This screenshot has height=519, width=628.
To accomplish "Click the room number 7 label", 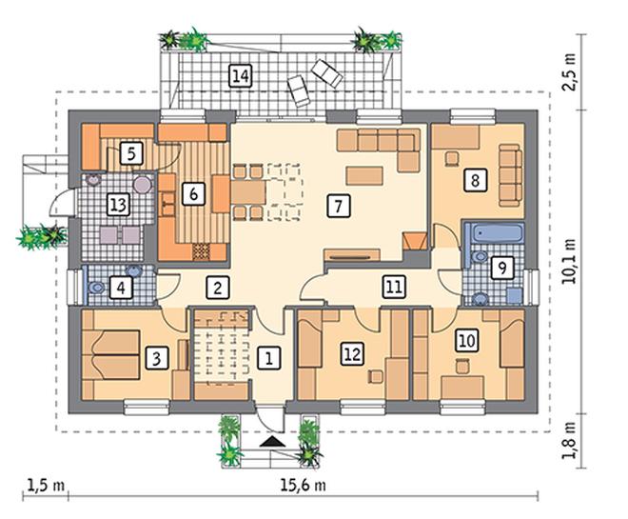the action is click(339, 206).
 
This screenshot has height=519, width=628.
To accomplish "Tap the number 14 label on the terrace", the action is click(241, 76).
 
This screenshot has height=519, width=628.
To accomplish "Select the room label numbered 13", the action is click(118, 205).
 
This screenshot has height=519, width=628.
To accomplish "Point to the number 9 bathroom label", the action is click(502, 268).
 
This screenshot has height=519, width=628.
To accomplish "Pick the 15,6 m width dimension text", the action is click(304, 486).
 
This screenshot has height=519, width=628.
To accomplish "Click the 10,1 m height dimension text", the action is click(569, 261).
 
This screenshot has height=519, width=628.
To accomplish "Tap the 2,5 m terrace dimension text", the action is click(569, 72).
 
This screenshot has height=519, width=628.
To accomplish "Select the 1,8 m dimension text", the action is click(569, 441).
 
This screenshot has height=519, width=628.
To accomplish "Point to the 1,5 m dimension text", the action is click(46, 486).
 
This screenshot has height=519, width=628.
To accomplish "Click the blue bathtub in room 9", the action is click(498, 233).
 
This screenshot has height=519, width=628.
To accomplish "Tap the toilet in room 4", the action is click(96, 288).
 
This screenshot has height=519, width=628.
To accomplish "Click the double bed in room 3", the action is click(111, 354).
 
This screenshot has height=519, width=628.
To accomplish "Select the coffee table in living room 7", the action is click(364, 176).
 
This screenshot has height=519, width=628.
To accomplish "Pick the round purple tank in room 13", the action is click(142, 185).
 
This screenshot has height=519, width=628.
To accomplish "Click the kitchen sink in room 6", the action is click(168, 204).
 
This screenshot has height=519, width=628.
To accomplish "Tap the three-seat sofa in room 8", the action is click(511, 175).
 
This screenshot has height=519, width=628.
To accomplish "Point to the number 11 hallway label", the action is click(394, 287).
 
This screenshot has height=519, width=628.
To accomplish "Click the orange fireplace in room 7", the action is click(414, 241).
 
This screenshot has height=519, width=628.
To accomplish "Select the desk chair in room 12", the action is click(375, 377).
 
